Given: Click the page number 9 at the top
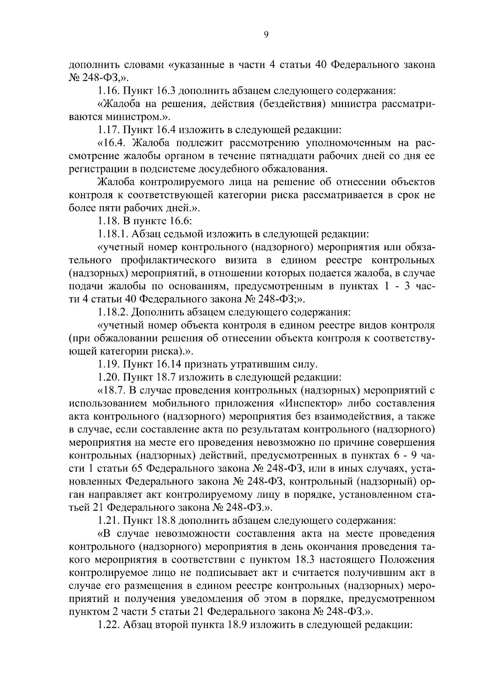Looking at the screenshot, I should (266, 35).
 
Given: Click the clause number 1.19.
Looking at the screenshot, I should (108, 365).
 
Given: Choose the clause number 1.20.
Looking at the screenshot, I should (108, 377).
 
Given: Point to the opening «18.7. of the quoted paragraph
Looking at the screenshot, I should (113, 391).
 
